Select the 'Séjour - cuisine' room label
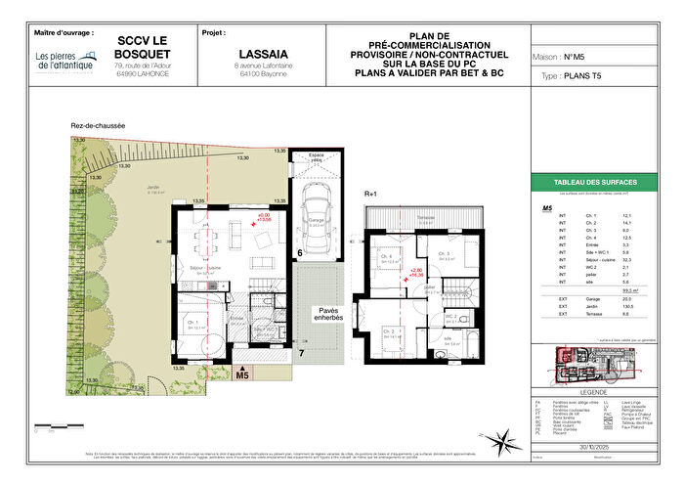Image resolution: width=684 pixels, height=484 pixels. pyautogui.click(x=204, y=272)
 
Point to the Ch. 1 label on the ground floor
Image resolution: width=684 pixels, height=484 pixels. pyautogui.click(x=192, y=324)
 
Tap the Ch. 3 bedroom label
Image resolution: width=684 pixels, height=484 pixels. pyautogui.click(x=446, y=254)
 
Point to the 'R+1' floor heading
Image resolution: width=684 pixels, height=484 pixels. pyautogui.click(x=370, y=194)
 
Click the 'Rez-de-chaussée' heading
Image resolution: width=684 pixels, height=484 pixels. pyautogui.click(x=97, y=125)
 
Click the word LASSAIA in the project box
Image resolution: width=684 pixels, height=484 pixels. pyautogui.click(x=261, y=54)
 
